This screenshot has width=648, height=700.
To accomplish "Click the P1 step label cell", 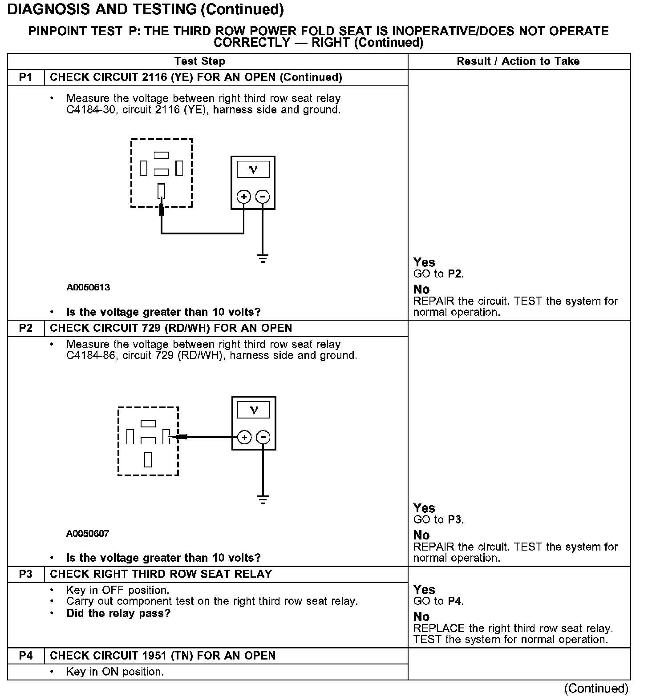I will (x=26, y=77).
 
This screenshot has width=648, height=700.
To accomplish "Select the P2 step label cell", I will (x=26, y=328).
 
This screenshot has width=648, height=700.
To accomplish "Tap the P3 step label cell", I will (x=26, y=574).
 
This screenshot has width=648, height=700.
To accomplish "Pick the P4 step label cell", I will (x=26, y=656).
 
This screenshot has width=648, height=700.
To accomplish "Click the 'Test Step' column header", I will (x=199, y=61).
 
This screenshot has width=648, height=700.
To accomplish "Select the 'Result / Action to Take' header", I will (x=518, y=61).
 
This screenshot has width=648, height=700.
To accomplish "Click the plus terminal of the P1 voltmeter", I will (x=243, y=197).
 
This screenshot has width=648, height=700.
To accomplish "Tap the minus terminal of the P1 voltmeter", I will (x=263, y=197).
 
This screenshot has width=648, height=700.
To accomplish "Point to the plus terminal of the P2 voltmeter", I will (x=244, y=437).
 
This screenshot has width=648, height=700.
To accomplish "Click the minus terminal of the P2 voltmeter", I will (x=263, y=437).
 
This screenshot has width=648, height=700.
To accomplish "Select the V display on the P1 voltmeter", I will (x=253, y=169).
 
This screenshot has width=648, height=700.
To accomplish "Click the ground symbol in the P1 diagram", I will (x=263, y=258).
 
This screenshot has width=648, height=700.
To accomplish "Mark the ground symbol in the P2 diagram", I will (x=263, y=499).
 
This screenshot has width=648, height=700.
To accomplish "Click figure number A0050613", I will (x=88, y=287).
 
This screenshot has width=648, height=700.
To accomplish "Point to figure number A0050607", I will (x=88, y=533).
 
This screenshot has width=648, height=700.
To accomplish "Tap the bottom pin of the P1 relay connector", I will (x=161, y=191).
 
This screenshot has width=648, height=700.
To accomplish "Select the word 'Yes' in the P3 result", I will (x=424, y=590).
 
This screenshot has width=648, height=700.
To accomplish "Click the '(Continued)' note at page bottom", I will (x=596, y=688).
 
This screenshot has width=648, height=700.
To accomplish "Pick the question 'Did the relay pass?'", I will (x=118, y=613).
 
